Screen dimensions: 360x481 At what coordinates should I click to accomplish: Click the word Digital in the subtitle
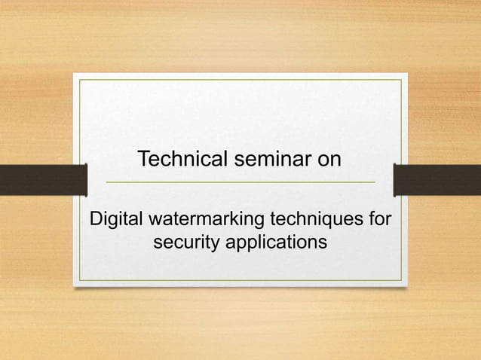(x=116, y=221)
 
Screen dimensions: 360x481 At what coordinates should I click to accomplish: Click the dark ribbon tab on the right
(x=437, y=179)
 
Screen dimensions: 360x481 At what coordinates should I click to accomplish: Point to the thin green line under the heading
(x=240, y=182)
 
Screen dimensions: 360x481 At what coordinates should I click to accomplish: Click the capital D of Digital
(x=96, y=221)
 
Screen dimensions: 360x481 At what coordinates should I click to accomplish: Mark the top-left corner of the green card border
(x=80, y=79)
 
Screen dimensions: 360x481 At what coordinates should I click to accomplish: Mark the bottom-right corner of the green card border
(x=401, y=280)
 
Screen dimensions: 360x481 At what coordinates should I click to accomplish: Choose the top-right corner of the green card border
(x=401, y=79)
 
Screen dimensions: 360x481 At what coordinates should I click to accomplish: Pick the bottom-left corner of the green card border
(x=80, y=280)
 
